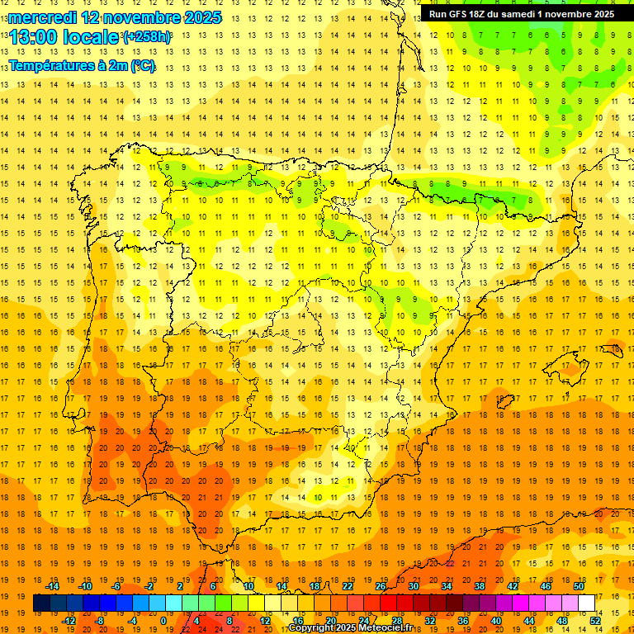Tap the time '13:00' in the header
tap(34, 36)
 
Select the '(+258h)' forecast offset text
tap(147, 37)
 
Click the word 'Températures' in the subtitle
tap(52, 65)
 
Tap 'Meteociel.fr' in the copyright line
tap(386, 628)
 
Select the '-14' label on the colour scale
tap(52, 586)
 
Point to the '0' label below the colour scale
tap(163, 621)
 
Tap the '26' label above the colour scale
tap(381, 586)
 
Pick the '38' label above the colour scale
tap(480, 586)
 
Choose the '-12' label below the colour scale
tap(69, 621)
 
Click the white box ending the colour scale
tap(587, 603)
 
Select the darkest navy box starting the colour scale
tap(41, 603)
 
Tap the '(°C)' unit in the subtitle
tap(142, 65)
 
